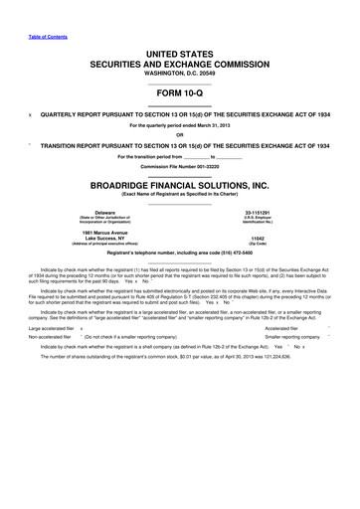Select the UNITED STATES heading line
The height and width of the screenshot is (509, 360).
click(x=179, y=50)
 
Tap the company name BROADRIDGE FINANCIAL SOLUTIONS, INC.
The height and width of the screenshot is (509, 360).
click(x=179, y=186)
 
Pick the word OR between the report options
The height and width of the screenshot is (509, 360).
click(x=179, y=136)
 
